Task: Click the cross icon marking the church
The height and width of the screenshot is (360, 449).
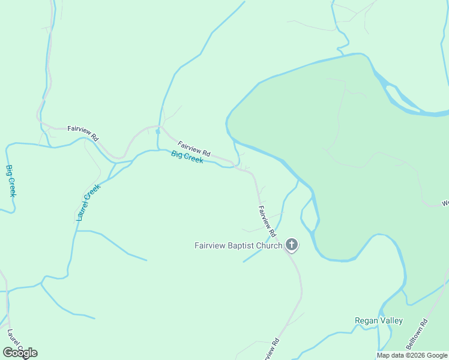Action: [x=292, y=244]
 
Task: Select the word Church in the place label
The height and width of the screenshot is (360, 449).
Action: [x=269, y=245]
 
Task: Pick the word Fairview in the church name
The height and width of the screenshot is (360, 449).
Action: [x=208, y=245]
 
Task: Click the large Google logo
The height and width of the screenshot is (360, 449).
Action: [x=20, y=352]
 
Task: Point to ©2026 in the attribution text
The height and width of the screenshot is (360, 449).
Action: [x=415, y=356]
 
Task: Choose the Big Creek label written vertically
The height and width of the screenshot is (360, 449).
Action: [x=11, y=181]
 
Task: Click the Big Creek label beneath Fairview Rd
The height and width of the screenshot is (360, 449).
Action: [x=187, y=157]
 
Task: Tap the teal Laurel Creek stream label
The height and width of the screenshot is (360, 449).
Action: [x=88, y=203]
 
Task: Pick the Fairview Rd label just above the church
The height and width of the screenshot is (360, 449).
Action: [x=267, y=220]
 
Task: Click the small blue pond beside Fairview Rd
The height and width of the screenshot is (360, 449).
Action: [x=157, y=131]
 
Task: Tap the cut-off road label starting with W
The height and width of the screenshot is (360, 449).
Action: [x=445, y=203]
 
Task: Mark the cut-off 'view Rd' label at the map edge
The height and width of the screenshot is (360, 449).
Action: [x=271, y=349]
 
